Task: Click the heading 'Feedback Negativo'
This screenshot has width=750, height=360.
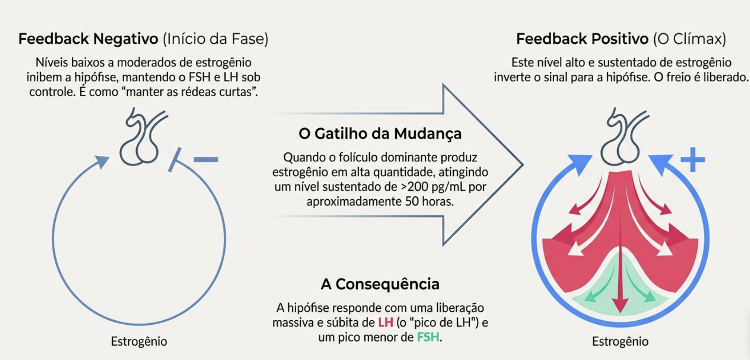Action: [88, 39]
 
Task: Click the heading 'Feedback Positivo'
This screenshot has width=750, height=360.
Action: [582, 39]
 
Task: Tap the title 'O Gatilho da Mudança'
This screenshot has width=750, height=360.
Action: [380, 134]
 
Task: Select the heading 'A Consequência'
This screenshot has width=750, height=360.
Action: [380, 284]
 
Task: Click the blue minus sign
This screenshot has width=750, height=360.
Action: [206, 159]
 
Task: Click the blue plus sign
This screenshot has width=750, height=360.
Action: [693, 159]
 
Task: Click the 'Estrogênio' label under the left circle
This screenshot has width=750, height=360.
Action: [139, 341]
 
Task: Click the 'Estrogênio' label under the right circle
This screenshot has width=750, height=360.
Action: [620, 341]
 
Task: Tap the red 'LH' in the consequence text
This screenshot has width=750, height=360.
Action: [385, 323]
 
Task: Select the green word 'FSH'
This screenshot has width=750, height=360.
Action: [428, 337]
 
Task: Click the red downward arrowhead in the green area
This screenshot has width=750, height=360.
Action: [620, 306]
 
